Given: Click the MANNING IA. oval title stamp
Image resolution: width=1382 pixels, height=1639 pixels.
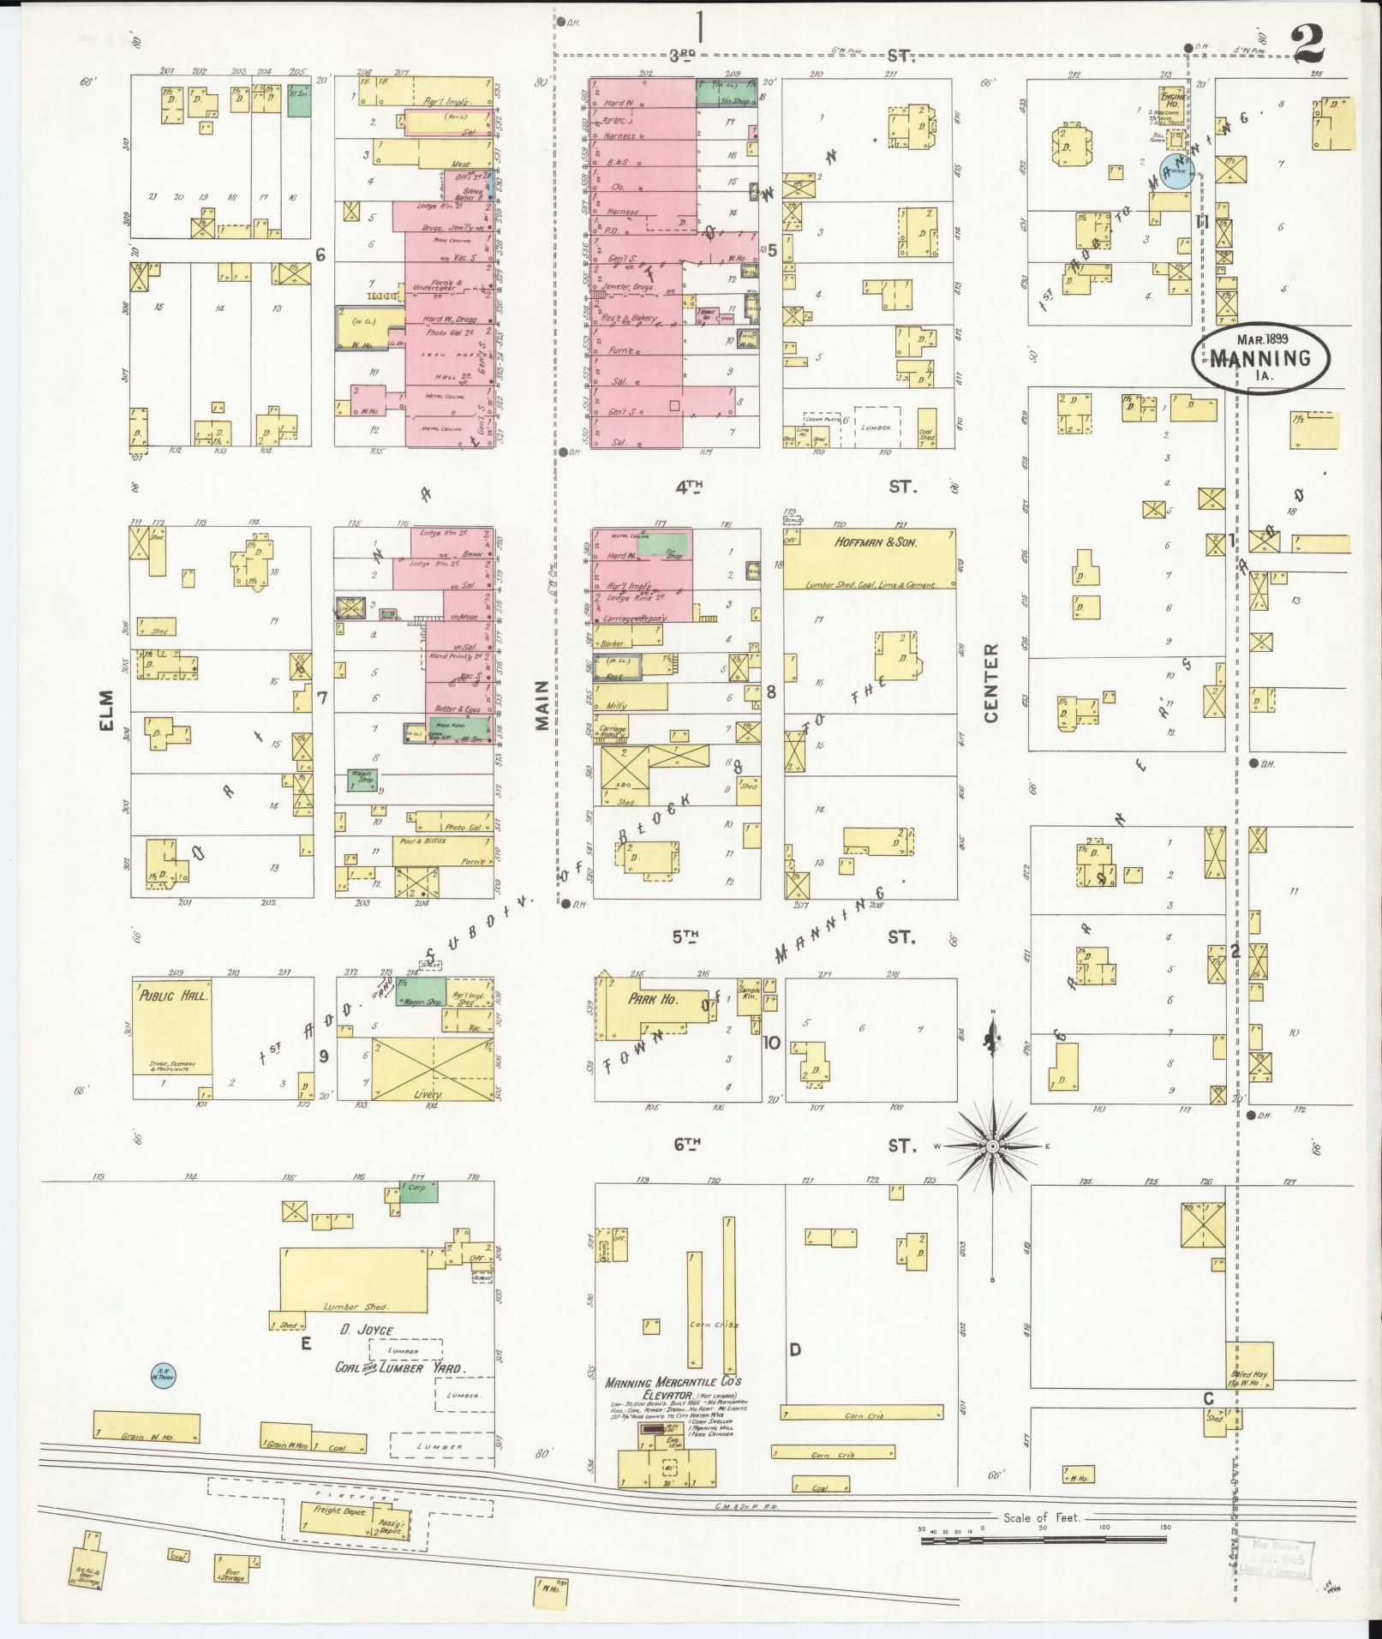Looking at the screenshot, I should pos(1261,358).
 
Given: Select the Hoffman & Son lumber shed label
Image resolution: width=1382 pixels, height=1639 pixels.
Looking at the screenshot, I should pos(868,542).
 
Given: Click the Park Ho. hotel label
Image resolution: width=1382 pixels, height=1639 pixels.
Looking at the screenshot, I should pos(653,999).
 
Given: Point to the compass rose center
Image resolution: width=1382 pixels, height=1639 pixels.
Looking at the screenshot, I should pos(992,1146).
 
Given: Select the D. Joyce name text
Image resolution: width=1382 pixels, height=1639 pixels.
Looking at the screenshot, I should pos(365,1354).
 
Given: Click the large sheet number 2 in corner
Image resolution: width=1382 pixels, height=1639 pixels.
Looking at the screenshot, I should pos(1308,43).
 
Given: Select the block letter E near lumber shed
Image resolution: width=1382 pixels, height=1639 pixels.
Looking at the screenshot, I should pos(305,1344).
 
